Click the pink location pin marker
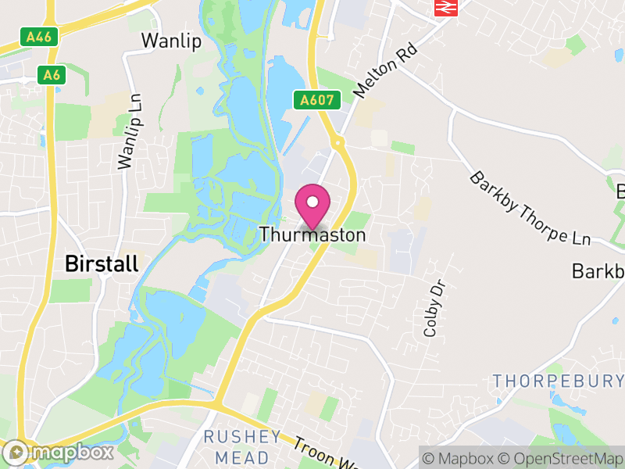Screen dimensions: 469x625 (x=312, y=205)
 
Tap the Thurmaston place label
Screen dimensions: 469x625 (x=312, y=234)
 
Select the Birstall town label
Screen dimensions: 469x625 (x=102, y=263)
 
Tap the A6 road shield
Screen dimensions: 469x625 (x=52, y=74)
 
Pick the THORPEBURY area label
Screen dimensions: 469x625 (x=558, y=381)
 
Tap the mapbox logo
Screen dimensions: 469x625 (x=59, y=452)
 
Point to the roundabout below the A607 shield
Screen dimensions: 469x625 (x=338, y=143)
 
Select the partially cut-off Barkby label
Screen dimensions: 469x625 (x=598, y=271)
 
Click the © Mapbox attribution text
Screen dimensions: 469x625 (x=457, y=458)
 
